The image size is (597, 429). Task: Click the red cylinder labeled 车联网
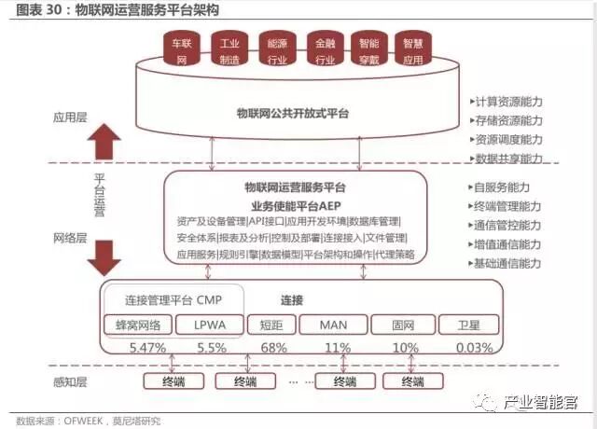177,51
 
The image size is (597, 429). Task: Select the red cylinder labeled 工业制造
226,51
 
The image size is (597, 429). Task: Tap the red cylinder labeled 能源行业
277,51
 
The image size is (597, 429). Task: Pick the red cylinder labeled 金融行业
325,51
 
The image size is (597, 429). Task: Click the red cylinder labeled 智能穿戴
368,51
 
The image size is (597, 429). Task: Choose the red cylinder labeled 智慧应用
413,51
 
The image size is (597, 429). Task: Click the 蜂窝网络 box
137,325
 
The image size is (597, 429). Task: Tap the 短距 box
271,325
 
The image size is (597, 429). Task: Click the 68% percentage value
273,347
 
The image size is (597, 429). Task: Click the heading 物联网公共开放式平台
293,113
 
